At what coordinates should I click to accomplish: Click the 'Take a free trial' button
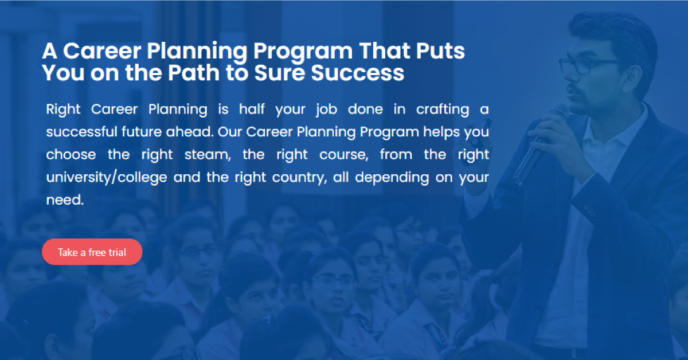92,252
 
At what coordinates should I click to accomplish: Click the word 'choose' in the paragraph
70,155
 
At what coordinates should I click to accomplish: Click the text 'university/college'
107,178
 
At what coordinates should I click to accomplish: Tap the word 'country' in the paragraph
294,178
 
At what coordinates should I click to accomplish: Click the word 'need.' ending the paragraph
65,201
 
